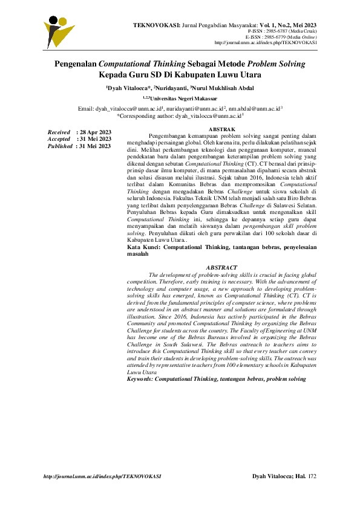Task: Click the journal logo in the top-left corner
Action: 59,30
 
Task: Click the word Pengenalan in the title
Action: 76,63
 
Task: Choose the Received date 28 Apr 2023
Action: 94,132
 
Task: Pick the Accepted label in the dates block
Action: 59,139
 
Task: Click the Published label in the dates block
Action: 61,146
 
